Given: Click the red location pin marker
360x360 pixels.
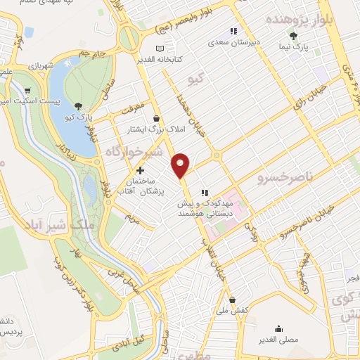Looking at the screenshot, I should click(181, 165).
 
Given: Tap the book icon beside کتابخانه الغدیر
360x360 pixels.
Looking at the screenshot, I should click(160, 49).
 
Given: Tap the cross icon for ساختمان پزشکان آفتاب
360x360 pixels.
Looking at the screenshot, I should click(140, 170).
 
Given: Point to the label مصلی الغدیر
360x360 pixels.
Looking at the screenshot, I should click(279, 340).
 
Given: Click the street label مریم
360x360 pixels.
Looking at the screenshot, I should click(134, 219).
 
